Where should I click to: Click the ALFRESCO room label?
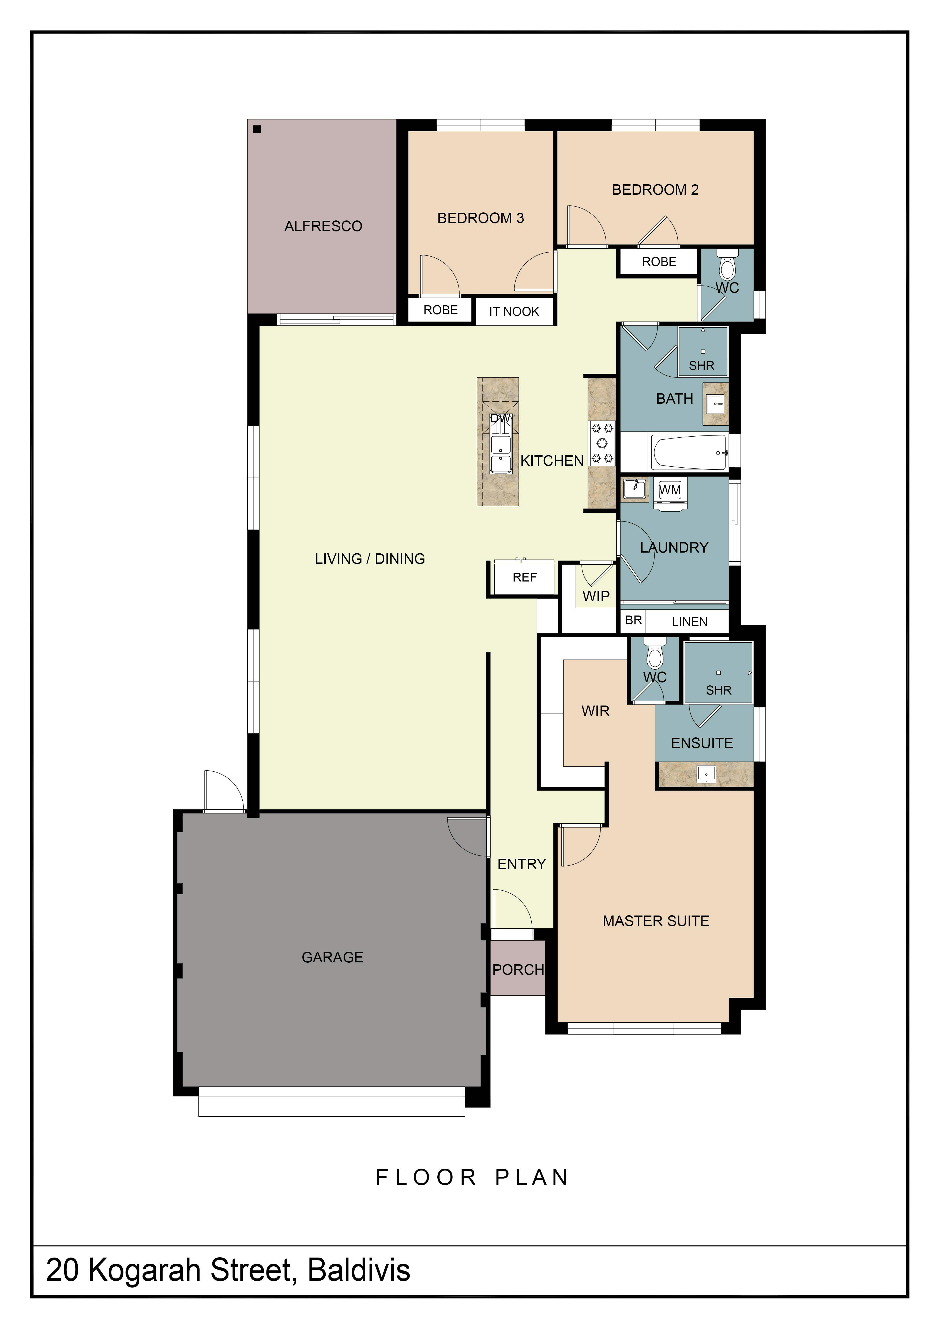(x=323, y=226)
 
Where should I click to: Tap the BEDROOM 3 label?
(x=480, y=218)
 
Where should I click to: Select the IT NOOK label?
(x=514, y=312)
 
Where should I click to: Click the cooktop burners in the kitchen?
(x=601, y=443)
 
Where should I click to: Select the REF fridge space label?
(x=524, y=577)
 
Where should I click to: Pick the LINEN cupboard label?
(x=690, y=622)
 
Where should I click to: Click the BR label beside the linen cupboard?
(x=634, y=620)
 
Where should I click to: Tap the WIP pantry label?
(x=596, y=596)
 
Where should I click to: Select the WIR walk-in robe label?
(x=596, y=711)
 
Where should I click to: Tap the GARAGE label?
(x=332, y=957)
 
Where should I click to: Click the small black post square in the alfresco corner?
(x=257, y=129)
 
